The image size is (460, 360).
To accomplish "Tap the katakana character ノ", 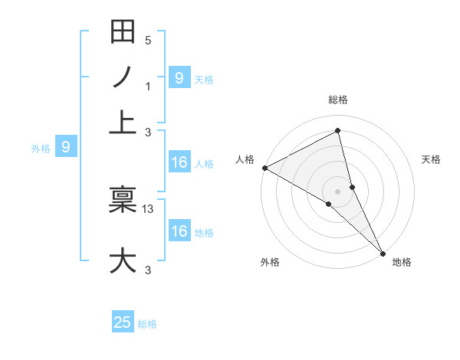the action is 123,77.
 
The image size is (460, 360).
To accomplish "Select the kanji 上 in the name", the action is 123,122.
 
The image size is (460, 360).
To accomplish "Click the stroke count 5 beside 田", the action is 148,41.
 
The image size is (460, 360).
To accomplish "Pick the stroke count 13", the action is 149,208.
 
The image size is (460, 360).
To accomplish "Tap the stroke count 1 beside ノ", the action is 148,86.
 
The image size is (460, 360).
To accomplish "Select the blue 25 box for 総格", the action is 123,322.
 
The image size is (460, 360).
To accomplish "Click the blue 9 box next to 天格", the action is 179,77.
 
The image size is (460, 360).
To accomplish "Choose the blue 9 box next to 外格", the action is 66,146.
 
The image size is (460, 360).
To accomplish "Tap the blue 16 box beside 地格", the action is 179,231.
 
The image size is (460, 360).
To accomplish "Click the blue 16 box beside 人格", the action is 179,162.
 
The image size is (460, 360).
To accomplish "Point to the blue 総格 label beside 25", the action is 147,324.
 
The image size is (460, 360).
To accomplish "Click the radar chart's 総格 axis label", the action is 337,100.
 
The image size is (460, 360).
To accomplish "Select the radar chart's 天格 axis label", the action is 431,159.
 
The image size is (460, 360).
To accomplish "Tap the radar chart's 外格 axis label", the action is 269,262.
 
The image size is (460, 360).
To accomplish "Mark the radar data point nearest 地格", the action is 382,252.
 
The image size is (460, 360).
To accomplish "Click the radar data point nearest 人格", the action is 264,168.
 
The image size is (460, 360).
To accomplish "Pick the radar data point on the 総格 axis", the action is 337,130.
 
